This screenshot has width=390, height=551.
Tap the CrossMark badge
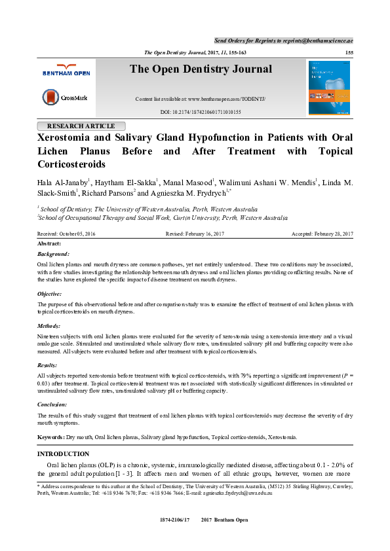point(65,98)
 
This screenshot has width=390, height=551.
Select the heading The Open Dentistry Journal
point(200,69)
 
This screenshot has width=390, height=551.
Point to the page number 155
point(349,52)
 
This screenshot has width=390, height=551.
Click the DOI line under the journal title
point(200,113)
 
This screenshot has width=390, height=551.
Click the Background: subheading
point(54,253)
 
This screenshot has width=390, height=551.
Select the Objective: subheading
point(52,294)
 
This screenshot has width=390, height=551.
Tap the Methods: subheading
point(50,325)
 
